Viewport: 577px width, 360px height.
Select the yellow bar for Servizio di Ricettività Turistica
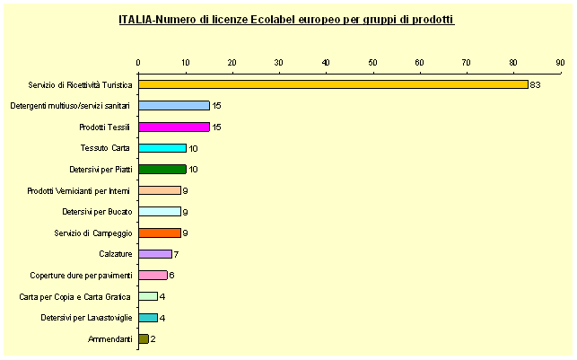pyautogui.click(x=332, y=84)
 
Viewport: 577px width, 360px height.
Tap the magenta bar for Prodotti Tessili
pyautogui.click(x=174, y=127)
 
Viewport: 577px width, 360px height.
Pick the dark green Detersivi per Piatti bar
pyautogui.click(x=162, y=169)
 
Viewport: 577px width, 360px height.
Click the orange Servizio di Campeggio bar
pyautogui.click(x=160, y=233)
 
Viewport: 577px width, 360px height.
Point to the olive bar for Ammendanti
pyautogui.click(x=144, y=338)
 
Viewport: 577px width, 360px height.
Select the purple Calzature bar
pyautogui.click(x=155, y=254)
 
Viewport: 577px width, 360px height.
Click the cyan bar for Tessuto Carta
pyautogui.click(x=162, y=148)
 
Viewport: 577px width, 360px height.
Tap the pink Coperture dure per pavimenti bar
pyautogui.click(x=153, y=275)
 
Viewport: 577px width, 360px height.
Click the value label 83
pyautogui.click(x=534, y=85)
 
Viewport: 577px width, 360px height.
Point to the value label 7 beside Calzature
pyautogui.click(x=176, y=255)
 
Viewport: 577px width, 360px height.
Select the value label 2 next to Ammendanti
pyautogui.click(x=153, y=339)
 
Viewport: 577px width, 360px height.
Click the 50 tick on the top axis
pyautogui.click(x=372, y=62)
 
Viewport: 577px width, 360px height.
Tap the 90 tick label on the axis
pyautogui.click(x=559, y=62)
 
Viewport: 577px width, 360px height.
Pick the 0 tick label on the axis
pyautogui.click(x=139, y=62)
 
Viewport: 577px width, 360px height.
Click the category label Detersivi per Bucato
pyautogui.click(x=98, y=212)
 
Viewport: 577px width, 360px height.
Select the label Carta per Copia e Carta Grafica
pyautogui.click(x=75, y=296)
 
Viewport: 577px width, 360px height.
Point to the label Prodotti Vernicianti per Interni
pyautogui.click(x=80, y=190)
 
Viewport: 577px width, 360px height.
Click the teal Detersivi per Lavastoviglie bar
pyautogui.click(x=148, y=317)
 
